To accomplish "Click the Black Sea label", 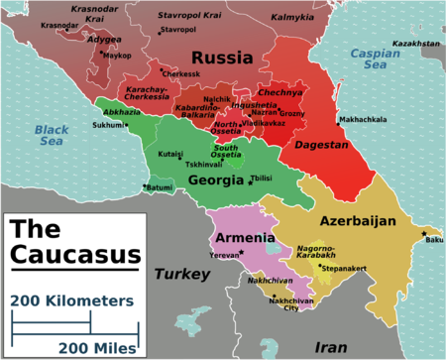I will [49, 136].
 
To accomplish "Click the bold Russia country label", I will [223, 59].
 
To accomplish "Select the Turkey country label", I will [180, 273].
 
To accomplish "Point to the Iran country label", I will [331, 347].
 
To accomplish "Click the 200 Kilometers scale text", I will [72, 300].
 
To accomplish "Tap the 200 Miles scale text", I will [97, 347].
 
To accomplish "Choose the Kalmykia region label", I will [292, 17].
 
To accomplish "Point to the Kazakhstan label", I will [415, 45].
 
